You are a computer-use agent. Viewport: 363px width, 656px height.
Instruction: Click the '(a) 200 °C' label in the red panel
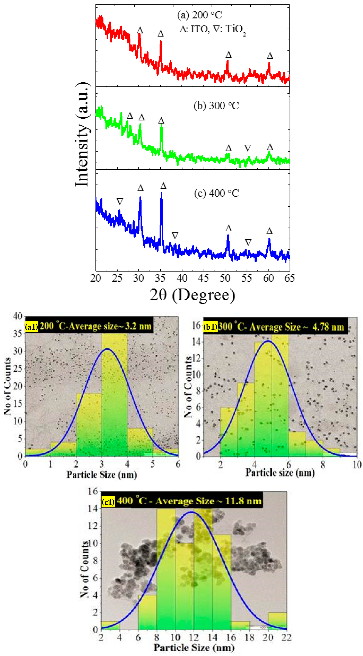[199, 15]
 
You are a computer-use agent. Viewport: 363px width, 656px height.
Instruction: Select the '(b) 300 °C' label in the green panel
[216, 106]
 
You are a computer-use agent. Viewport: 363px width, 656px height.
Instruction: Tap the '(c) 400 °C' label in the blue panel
[216, 193]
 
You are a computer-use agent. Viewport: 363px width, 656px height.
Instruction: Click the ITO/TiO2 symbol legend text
[213, 30]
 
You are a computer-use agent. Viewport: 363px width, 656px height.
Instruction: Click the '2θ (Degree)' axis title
[192, 295]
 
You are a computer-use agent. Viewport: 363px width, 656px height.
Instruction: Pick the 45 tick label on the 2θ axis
[203, 278]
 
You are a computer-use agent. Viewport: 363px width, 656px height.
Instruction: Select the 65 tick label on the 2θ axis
[289, 278]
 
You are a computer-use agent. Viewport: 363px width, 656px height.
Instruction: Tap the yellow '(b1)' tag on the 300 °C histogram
[210, 327]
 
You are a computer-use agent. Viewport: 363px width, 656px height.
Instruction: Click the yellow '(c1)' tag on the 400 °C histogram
[108, 502]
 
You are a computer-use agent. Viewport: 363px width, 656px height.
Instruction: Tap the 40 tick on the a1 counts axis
[18, 316]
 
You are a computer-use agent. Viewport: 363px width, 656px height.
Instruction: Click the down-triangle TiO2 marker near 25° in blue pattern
[120, 201]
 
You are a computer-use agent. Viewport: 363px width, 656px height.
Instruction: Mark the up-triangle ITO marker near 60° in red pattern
[270, 56]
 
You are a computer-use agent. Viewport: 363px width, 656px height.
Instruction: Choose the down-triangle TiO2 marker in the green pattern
[248, 148]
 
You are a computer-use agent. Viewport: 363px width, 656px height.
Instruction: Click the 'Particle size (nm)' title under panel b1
[280, 473]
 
